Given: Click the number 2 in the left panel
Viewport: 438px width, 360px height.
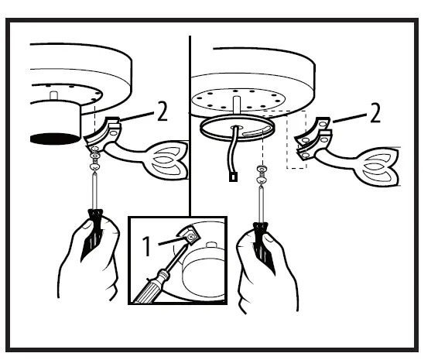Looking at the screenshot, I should pyautogui.click(x=162, y=114).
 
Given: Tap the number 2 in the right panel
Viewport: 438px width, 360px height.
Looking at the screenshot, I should pyautogui.click(x=375, y=114).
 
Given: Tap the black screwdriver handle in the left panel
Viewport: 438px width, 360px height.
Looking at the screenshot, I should pyautogui.click(x=95, y=225).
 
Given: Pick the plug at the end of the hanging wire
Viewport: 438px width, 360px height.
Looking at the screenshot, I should pyautogui.click(x=231, y=177).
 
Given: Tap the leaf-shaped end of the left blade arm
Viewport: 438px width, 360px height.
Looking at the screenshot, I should pyautogui.click(x=166, y=159).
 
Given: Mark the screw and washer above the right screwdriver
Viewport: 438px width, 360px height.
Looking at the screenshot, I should pyautogui.click(x=262, y=171).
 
